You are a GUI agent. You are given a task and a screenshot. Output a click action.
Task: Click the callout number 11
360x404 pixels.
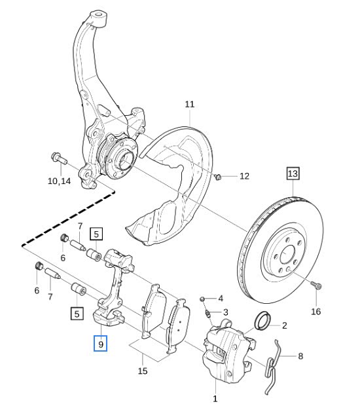click(x=190, y=104)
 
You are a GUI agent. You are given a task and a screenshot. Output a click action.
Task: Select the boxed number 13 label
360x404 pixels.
click(x=293, y=174)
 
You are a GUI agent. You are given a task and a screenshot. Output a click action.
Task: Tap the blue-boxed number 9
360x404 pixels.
click(x=100, y=344)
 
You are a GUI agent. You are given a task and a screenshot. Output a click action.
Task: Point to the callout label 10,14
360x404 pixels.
click(x=59, y=181)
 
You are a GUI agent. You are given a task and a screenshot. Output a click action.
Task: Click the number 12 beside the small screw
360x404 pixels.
click(x=244, y=176)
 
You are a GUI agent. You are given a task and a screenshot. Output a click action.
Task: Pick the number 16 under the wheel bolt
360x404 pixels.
click(x=316, y=312)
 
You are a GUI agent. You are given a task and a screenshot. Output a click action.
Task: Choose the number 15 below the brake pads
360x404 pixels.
click(x=143, y=371)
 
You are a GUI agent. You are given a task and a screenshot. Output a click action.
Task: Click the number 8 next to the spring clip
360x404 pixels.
click(x=300, y=356)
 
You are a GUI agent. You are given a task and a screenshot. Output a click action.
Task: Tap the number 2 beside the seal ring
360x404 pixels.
click(x=284, y=325)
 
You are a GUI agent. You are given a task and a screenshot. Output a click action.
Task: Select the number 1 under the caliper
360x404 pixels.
click(x=215, y=398)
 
